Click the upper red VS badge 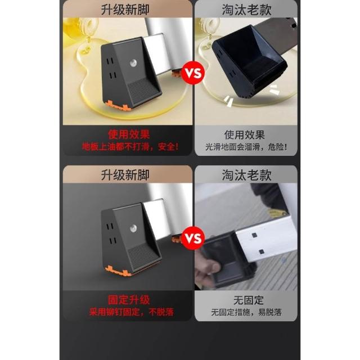(193, 73)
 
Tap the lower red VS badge (193, 238)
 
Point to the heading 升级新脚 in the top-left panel (125, 10)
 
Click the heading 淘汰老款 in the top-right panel (246, 10)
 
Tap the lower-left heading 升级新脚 (125, 175)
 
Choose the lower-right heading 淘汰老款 (246, 175)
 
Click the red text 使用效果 (129, 134)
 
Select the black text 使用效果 (245, 135)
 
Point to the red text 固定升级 (129, 300)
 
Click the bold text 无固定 (249, 300)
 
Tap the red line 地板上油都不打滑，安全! (130, 147)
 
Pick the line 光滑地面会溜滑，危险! (246, 147)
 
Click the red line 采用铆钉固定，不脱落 (131, 312)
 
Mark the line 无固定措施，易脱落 (246, 312)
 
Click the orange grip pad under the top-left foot (118, 106)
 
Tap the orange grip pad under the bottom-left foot (118, 272)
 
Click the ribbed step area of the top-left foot (143, 91)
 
